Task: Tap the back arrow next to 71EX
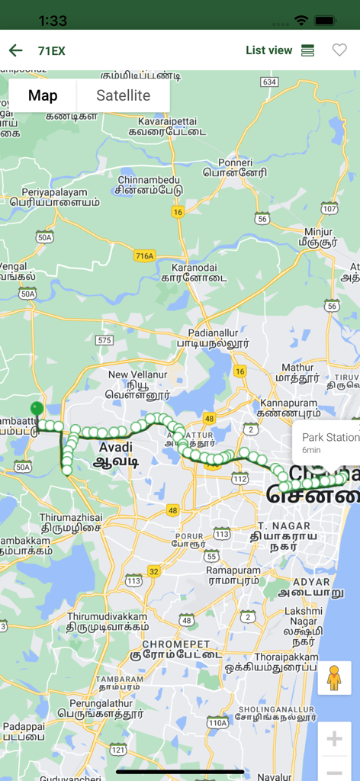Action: (x=15, y=50)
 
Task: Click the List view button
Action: (x=279, y=50)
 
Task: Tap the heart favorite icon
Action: (x=339, y=50)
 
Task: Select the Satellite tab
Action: (x=123, y=95)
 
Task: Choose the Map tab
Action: (x=43, y=95)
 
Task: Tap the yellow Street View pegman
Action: (x=333, y=677)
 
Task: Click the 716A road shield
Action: (x=143, y=256)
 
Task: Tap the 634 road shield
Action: (x=268, y=82)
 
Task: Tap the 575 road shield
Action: (x=104, y=340)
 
